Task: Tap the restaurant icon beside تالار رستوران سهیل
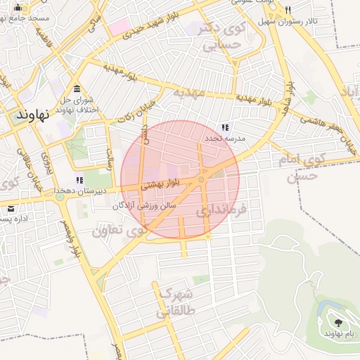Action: click(288, 11)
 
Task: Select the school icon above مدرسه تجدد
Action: click(225, 128)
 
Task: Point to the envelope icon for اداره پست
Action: click(11, 209)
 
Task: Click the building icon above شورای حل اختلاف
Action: click(76, 89)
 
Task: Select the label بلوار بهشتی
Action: click(162, 186)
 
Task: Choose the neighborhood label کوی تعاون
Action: click(118, 229)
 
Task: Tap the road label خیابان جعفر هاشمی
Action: click(328, 131)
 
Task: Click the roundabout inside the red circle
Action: click(201, 180)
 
